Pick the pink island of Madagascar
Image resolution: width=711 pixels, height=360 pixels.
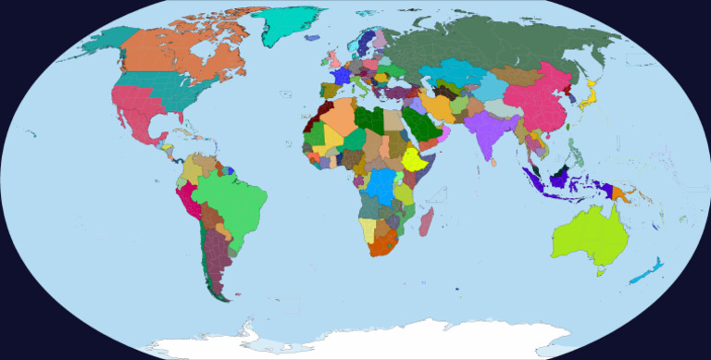point(426,221)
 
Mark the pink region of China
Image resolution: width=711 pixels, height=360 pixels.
point(537,97)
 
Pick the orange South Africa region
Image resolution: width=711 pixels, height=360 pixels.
point(383,244)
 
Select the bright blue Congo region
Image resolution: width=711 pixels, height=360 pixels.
point(380,186)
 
